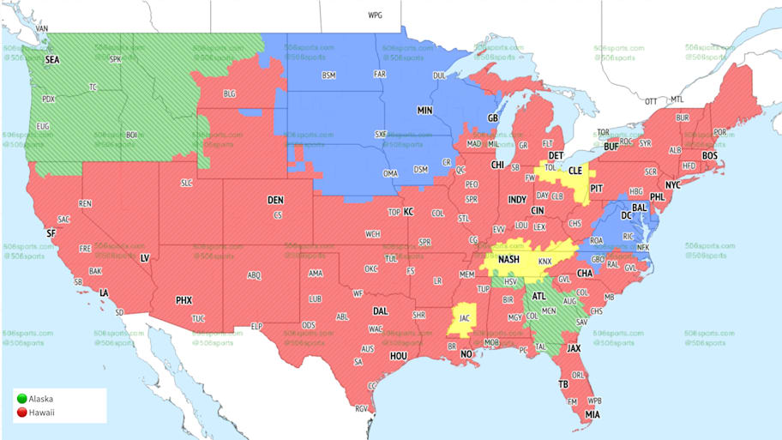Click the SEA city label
[53, 60]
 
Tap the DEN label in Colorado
[275, 200]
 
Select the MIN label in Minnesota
[425, 112]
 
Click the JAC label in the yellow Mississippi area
[464, 317]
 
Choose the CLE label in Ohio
[576, 172]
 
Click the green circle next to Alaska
[21, 399]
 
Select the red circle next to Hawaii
[21, 412]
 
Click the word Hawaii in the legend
[42, 412]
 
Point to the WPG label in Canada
[375, 15]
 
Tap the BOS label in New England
[709, 156]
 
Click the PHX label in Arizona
[183, 301]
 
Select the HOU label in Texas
[398, 355]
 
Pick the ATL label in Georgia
[539, 297]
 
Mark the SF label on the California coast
[51, 233]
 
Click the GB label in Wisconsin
[492, 118]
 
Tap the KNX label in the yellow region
[544, 262]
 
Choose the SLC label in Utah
[186, 184]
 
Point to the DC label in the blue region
[627, 215]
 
